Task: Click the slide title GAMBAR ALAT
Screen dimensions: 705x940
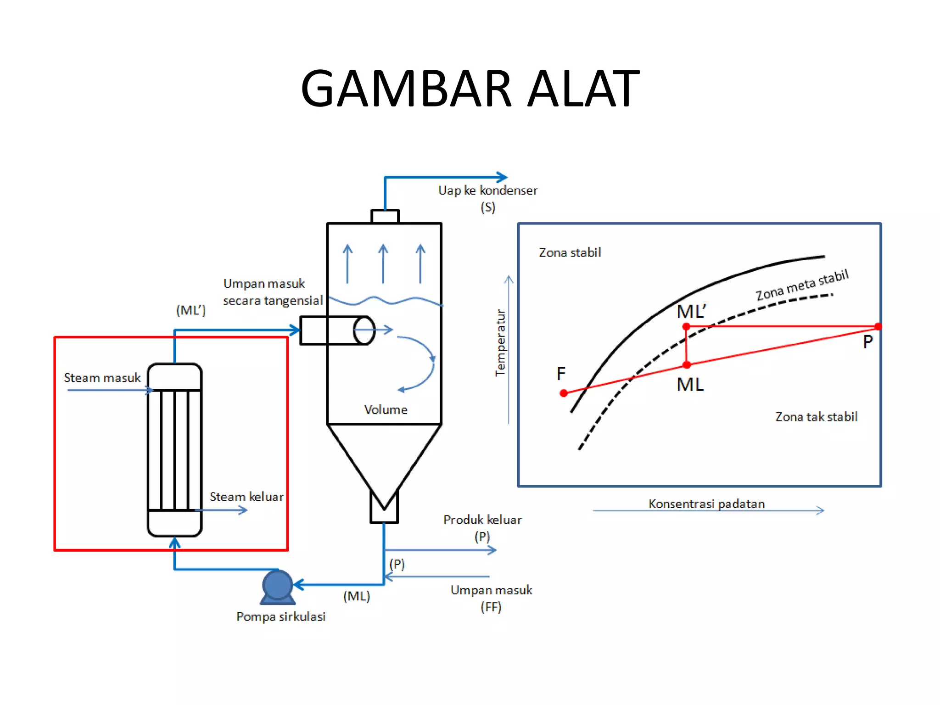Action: point(470,88)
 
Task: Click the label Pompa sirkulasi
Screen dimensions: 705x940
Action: point(281,616)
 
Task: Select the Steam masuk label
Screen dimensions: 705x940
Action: point(102,378)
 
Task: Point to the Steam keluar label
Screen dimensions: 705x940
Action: point(246,497)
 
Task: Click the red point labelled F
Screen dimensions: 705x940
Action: point(564,393)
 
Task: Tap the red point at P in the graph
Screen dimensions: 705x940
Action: point(878,326)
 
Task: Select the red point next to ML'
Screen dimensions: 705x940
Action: point(686,326)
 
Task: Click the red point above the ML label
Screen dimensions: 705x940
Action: point(687,365)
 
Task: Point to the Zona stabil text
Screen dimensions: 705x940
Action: point(570,252)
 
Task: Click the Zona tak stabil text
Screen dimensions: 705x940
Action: point(816,417)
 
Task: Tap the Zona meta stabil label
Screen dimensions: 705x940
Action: point(802,285)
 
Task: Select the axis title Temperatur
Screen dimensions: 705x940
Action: point(500,342)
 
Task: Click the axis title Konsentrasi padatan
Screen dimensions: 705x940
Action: point(706,504)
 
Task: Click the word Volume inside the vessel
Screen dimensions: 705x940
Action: point(386,409)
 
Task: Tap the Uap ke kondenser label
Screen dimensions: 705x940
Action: point(487,190)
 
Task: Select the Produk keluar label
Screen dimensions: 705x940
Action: point(482,520)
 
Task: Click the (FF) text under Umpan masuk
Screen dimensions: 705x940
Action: point(491,607)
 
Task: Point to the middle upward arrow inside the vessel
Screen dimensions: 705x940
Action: point(383,263)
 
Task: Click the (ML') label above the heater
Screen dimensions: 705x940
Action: point(191,310)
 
